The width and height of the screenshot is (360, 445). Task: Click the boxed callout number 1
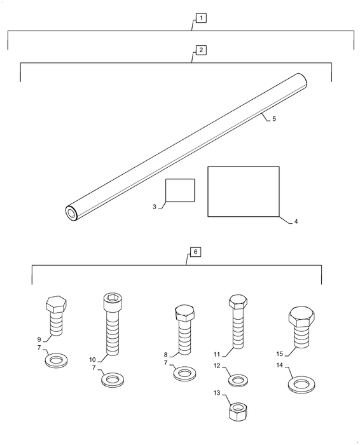point(201,18)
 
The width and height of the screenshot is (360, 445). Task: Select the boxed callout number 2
point(201,50)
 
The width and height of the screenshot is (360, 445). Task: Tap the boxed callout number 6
point(195,252)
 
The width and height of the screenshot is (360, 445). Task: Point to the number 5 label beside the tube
point(274,119)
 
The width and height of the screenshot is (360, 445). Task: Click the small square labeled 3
point(180,191)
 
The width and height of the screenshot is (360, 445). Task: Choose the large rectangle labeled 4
point(244,191)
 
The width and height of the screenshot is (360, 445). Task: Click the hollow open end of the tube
point(71,213)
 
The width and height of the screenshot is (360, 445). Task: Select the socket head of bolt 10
point(112,302)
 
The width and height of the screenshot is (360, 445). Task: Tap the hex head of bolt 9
point(56,305)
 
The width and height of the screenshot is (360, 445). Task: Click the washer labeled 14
point(301,385)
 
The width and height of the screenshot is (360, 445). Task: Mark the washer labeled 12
point(239,380)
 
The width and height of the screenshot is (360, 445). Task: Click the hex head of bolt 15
point(301,317)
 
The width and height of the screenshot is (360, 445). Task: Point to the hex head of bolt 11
point(238,302)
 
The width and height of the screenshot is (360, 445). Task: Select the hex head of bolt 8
point(184,313)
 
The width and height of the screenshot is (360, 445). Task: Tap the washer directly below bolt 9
point(56,360)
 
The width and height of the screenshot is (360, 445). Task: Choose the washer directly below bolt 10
point(113,380)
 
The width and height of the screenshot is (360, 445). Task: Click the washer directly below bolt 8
point(185,373)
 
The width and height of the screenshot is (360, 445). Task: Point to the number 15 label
point(280,354)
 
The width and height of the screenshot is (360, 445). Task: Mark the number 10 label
point(93,360)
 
